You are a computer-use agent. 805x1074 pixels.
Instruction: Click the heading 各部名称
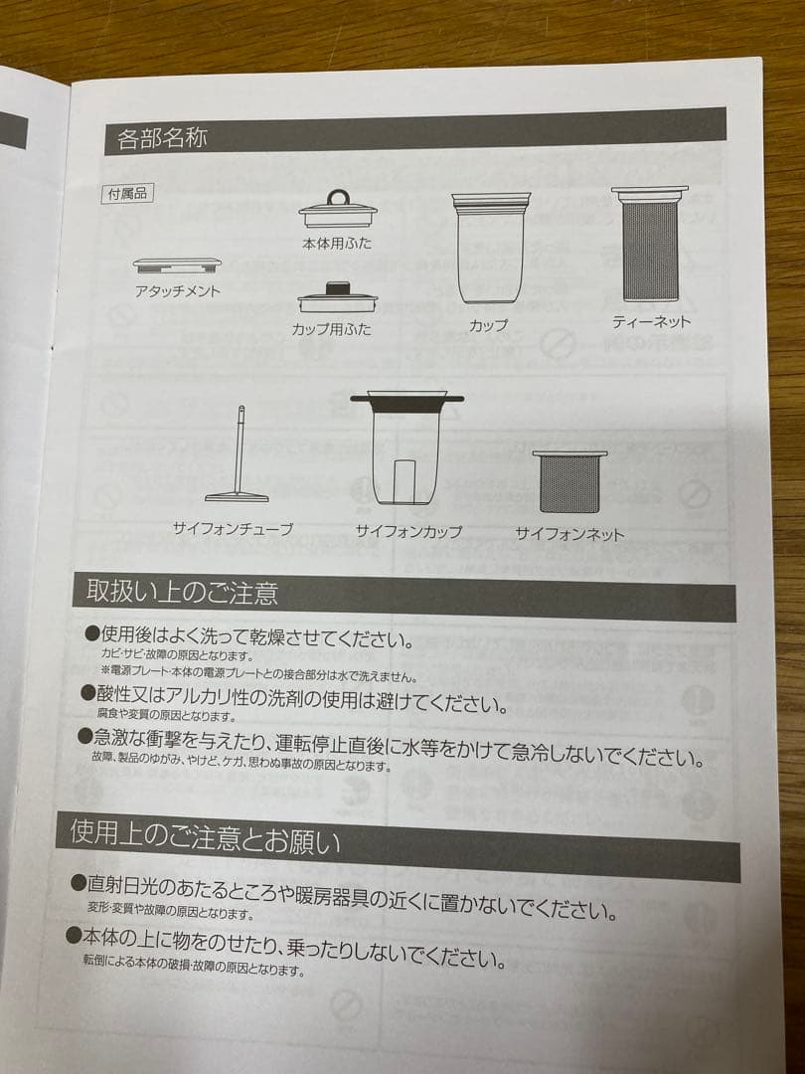click(162, 138)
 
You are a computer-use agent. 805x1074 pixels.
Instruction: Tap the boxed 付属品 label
click(128, 194)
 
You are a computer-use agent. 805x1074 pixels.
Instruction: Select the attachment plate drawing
click(177, 266)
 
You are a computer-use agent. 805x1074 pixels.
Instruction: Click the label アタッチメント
click(177, 291)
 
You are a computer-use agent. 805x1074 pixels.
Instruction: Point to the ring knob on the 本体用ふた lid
click(338, 197)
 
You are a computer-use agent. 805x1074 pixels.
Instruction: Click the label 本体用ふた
click(338, 244)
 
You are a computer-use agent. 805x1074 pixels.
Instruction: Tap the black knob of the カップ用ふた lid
click(337, 287)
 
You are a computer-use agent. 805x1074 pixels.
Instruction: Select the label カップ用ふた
click(332, 329)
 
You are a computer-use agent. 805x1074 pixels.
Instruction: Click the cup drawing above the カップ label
click(490, 248)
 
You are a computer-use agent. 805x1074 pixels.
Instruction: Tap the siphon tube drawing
click(237, 454)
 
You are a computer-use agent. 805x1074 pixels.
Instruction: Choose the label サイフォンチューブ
click(233, 529)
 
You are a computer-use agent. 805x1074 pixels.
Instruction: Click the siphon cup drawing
click(406, 448)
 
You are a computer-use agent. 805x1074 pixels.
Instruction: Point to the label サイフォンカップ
click(408, 531)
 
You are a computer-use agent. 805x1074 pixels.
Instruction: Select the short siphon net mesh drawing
click(569, 481)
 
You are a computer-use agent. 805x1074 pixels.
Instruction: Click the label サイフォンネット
click(569, 534)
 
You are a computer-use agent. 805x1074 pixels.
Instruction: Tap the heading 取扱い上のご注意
click(182, 593)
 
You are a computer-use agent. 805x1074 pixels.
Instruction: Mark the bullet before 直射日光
click(79, 881)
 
